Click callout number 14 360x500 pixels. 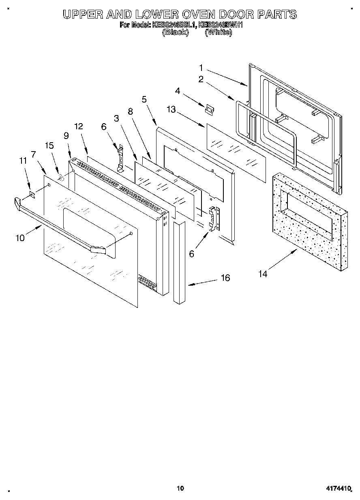[263, 274]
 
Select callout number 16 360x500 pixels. [225, 278]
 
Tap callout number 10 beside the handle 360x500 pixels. [20, 238]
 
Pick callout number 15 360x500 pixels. [49, 145]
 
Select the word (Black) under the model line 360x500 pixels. [175, 33]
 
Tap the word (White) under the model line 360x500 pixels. [219, 33]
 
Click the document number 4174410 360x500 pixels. [337, 489]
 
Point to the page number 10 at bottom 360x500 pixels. [180, 488]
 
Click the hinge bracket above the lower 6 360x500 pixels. [213, 219]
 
